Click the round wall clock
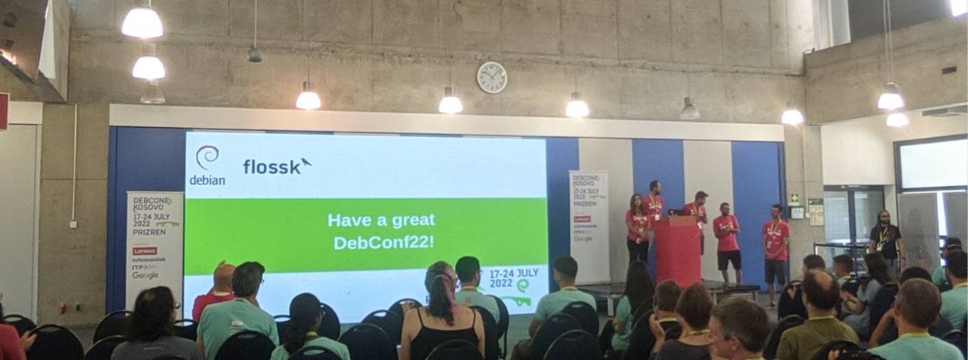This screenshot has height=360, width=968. click(x=492, y=77)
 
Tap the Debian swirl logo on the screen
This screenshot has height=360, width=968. click(x=206, y=158)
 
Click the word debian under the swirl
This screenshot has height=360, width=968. click(x=206, y=180)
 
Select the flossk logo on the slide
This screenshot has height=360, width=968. click(x=277, y=166)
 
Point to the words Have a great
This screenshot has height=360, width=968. click(x=381, y=220)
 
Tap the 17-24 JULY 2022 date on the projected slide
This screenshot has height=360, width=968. click(x=513, y=277)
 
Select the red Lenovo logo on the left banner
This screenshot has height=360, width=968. click(x=144, y=250)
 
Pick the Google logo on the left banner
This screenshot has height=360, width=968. click(x=145, y=275)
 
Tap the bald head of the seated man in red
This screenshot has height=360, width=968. click(x=224, y=276)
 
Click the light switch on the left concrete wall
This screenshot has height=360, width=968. click(x=73, y=224)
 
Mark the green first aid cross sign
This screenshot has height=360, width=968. click(x=795, y=198)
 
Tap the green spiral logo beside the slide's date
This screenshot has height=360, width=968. click(x=523, y=286)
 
